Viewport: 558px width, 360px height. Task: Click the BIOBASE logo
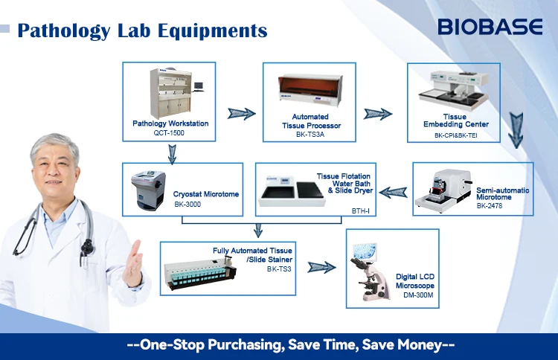click(490, 28)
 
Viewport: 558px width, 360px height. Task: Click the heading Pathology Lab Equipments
click(141, 30)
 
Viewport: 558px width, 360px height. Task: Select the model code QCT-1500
click(170, 132)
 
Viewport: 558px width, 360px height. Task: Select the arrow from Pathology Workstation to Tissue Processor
click(240, 114)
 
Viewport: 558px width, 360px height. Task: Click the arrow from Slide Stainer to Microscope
click(321, 267)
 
